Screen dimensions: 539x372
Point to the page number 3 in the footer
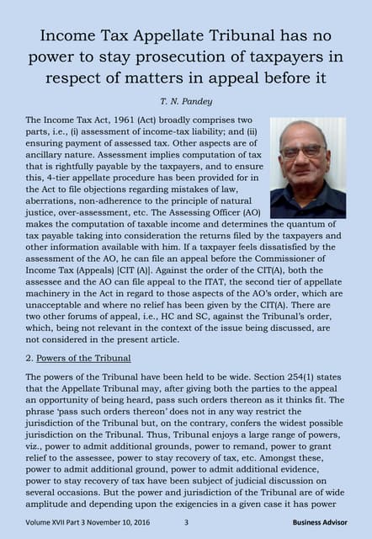186,522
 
